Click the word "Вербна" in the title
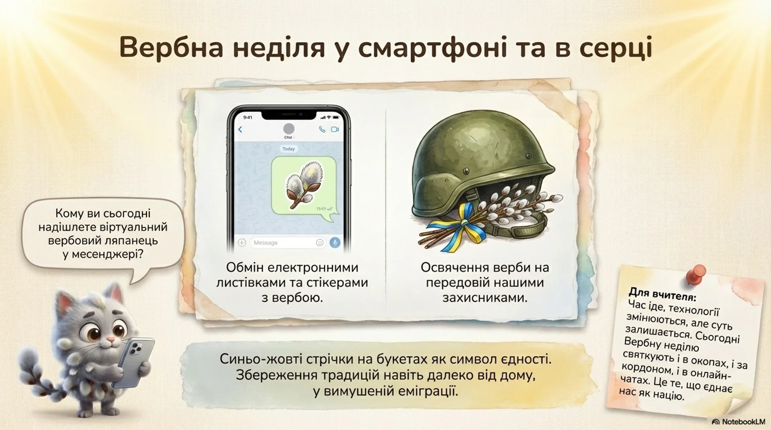coord(171,47)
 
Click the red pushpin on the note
coord(696,274)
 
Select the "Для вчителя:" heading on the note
coord(663,294)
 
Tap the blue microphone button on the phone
coord(335,242)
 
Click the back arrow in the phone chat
coord(240,129)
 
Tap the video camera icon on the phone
coord(335,129)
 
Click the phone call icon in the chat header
coord(322,129)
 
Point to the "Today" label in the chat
coord(288,149)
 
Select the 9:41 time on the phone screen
coord(248,118)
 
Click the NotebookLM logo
coord(739,422)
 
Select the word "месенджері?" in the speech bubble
coord(108,254)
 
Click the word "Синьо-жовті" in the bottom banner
coord(261,359)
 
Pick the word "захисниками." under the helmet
coord(485,298)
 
